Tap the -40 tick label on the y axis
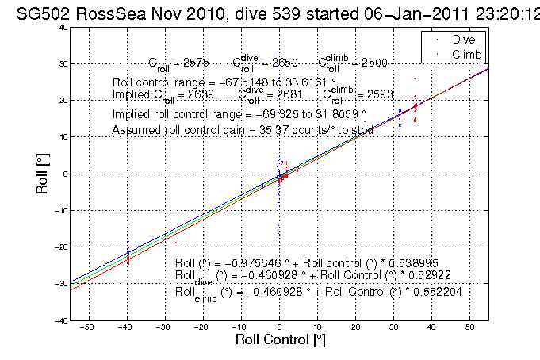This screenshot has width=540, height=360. point(59,320)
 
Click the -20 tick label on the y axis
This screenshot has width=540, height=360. point(59,247)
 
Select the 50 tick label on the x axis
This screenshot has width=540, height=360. point(469,327)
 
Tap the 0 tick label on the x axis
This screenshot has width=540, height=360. point(279,327)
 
